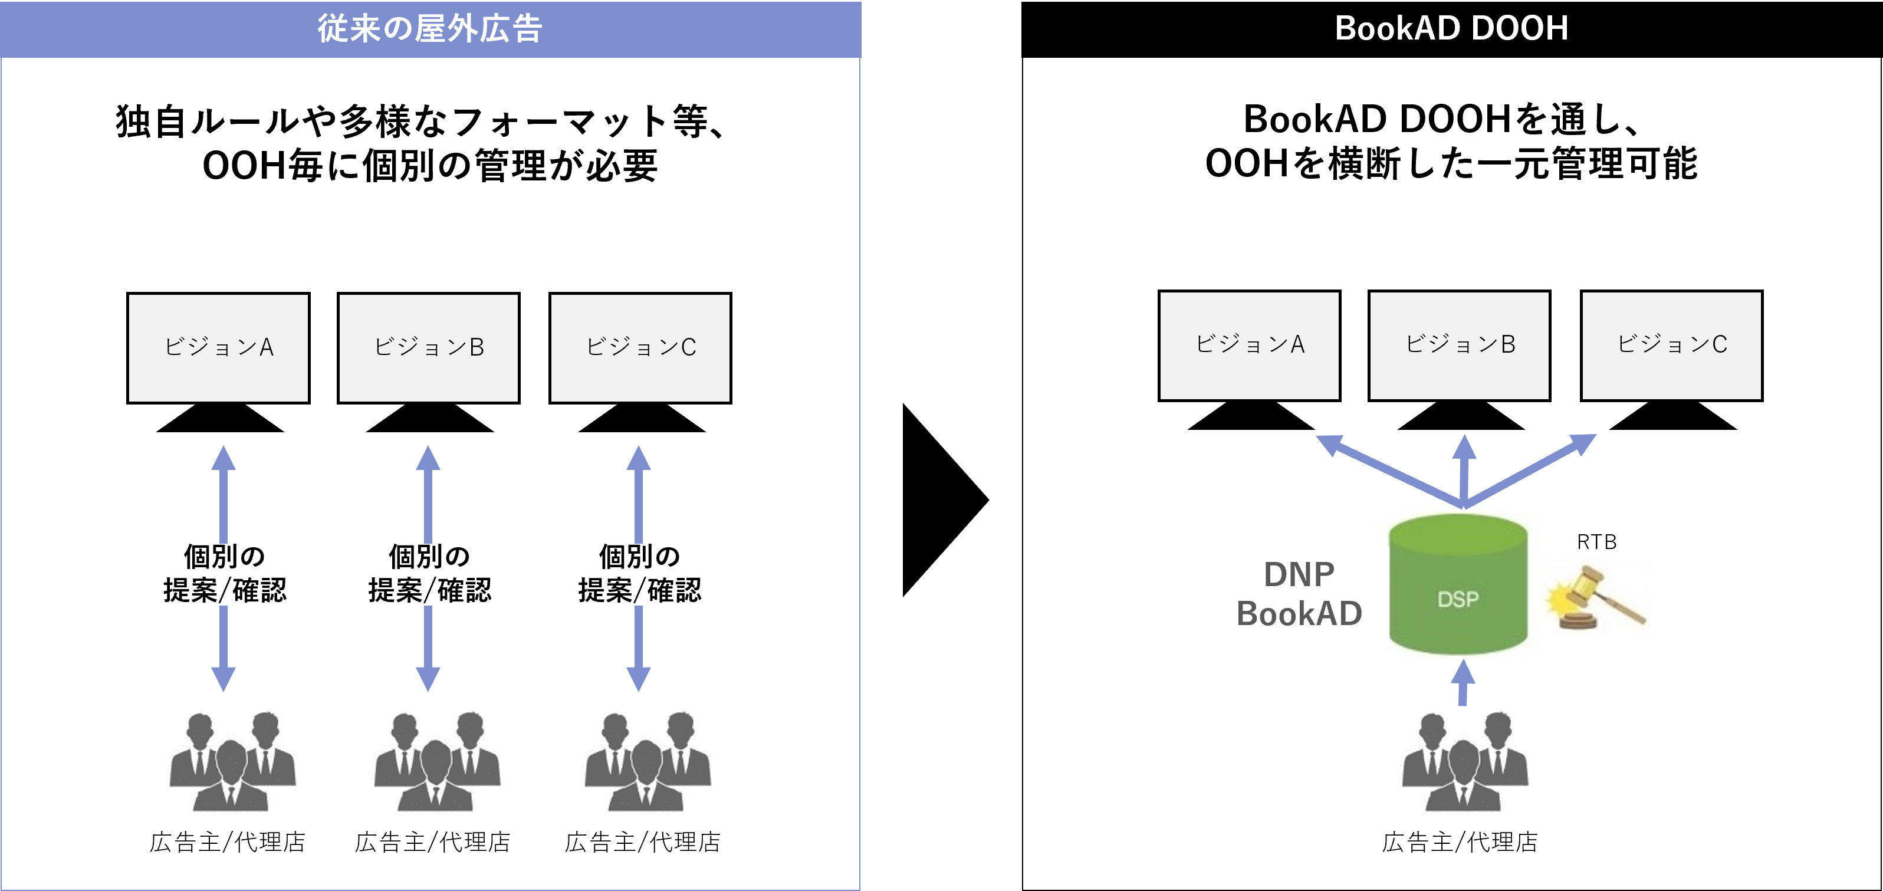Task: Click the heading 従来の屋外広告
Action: (430, 29)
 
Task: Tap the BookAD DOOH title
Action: (1451, 28)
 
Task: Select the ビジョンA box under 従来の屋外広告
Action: (218, 348)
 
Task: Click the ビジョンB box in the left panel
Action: (428, 348)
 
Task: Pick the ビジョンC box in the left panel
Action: (640, 348)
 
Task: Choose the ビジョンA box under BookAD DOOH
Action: (1249, 346)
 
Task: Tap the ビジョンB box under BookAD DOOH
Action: (1459, 346)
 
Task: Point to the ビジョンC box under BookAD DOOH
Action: (1671, 346)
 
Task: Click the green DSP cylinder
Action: (1458, 585)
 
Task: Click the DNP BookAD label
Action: (1298, 594)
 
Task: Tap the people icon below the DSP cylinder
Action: (1462, 762)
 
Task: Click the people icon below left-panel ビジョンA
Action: (229, 762)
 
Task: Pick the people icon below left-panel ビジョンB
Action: (434, 762)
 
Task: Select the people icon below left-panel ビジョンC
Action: (645, 762)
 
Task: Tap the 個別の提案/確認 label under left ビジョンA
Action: (224, 574)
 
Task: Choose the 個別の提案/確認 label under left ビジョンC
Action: (640, 574)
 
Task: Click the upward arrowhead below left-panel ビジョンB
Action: (428, 458)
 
